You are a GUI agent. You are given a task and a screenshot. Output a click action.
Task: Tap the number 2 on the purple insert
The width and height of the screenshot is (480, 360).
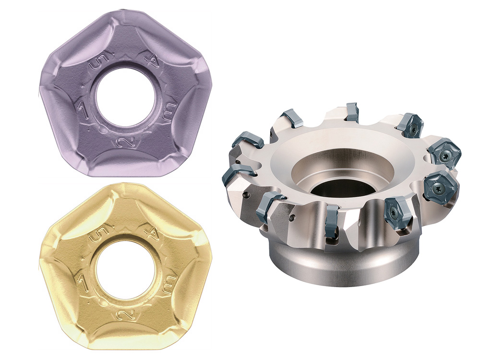pyautogui.click(x=125, y=141)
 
